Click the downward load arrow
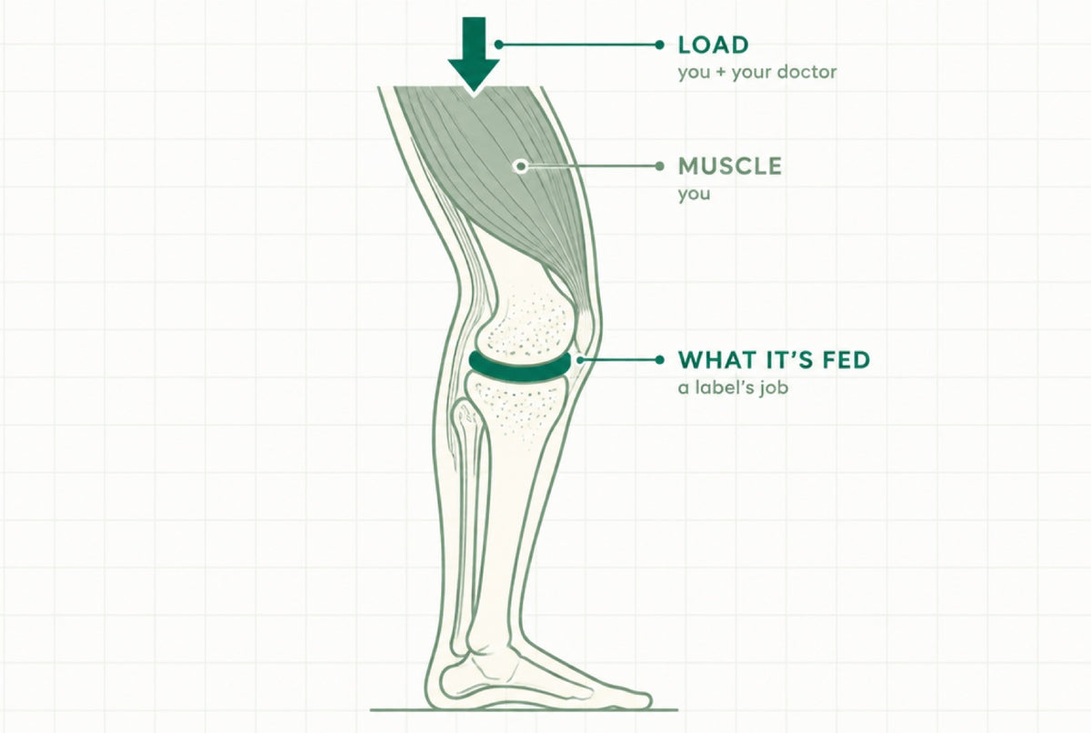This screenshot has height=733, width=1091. coord(474,54)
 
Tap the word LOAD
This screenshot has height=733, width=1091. coord(713,45)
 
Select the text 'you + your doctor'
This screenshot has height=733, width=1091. coord(756,73)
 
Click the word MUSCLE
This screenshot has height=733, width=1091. coord(729,166)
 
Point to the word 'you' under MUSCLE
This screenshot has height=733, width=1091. coord(694,195)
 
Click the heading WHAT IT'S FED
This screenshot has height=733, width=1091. coord(774,360)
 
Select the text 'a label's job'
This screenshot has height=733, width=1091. coord(733,387)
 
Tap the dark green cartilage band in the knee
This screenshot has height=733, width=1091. coord(520,366)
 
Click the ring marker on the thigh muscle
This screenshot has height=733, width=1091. coord(521,166)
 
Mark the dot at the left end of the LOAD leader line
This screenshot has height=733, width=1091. coord(498,45)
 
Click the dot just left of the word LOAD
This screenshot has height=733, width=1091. coord(659,45)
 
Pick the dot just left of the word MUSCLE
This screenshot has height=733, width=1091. coord(659,166)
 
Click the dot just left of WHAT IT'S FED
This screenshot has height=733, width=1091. coord(659,360)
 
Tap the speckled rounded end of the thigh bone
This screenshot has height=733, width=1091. coord(527,327)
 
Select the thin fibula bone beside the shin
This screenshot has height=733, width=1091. coord(468,526)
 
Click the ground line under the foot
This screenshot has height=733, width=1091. coord(524,710)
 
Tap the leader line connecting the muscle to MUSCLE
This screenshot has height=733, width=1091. coord(591,166)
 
